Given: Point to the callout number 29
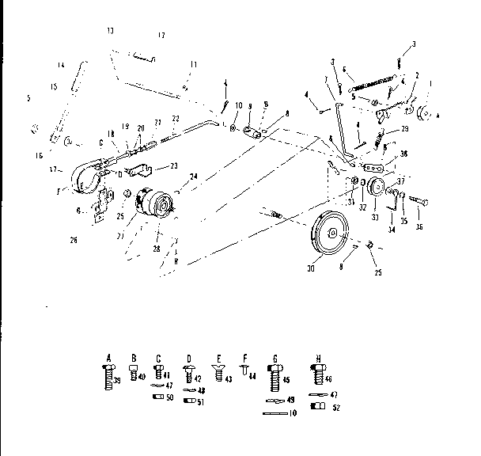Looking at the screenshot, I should point(406,128).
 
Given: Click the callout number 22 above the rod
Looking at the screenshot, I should point(176,118).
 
